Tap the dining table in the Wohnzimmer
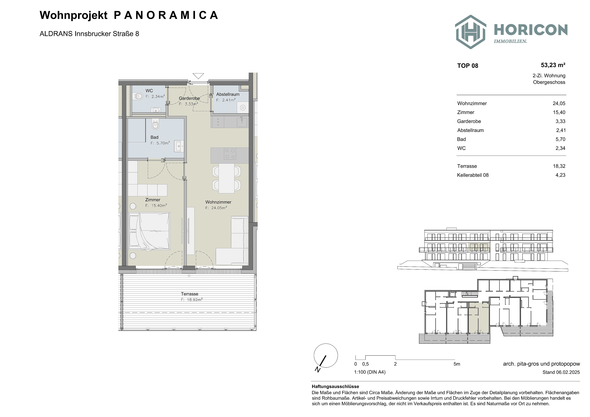(x=226, y=178)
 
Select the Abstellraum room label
(x=228, y=94)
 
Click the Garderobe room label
(x=189, y=98)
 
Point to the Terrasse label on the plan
(x=190, y=294)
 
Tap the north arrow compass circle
(x=326, y=356)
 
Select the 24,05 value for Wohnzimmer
(x=559, y=104)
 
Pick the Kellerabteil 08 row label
(x=473, y=175)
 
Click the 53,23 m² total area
(x=553, y=65)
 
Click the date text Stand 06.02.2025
(x=561, y=372)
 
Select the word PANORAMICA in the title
(x=166, y=15)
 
